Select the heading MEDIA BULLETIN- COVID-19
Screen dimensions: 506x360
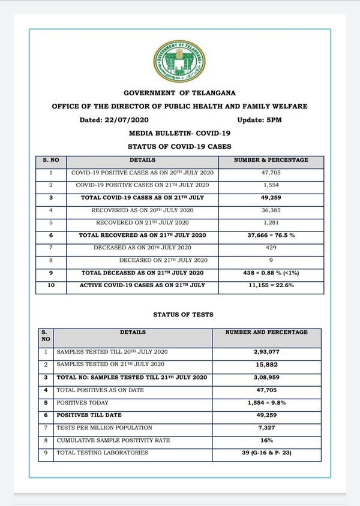coord(179,133)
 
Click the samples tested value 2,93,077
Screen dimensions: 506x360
coord(266,352)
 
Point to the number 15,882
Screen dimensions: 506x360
coord(266,365)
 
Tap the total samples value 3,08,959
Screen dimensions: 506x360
coord(266,377)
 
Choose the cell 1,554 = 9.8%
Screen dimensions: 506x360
coord(266,402)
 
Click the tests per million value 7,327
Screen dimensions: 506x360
coord(266,427)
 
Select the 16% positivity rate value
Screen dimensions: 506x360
coord(266,440)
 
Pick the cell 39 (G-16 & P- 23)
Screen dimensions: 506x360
coord(266,453)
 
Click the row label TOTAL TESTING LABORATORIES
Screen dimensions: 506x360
coord(102,453)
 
